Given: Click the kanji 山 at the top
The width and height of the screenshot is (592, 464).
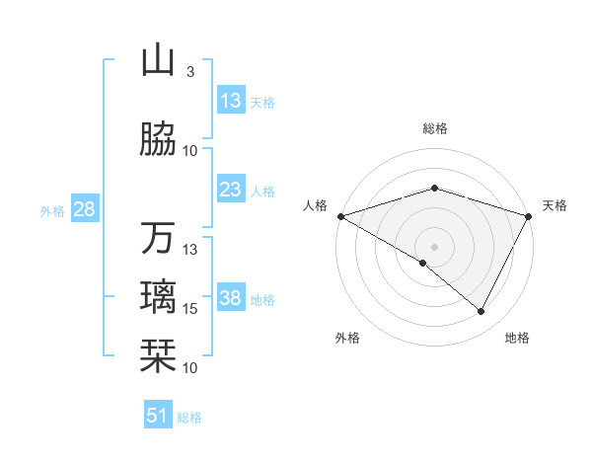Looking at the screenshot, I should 158,61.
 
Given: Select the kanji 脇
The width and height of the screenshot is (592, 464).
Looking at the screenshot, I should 158,139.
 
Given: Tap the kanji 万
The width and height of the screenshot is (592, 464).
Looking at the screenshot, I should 158,238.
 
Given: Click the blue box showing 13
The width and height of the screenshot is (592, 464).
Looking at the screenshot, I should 231,101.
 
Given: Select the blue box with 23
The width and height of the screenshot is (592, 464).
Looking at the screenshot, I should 231,190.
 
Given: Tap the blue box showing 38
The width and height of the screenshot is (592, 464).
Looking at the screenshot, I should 231,298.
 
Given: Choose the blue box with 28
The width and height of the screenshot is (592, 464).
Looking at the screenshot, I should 84,209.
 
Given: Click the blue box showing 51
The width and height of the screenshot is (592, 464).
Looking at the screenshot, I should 158,416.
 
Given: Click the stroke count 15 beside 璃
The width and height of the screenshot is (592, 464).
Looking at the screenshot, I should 190,309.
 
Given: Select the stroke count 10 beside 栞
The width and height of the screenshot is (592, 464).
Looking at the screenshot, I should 190,368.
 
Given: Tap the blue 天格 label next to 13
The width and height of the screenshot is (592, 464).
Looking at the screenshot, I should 262,102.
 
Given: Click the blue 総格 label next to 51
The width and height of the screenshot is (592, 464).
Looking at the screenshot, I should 189,418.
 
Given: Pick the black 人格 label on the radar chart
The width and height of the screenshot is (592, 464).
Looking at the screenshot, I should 315,205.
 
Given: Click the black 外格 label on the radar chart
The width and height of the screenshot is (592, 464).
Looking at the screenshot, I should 347,338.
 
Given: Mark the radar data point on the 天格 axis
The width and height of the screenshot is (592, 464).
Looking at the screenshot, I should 529,216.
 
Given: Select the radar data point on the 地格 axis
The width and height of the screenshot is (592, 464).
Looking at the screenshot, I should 481,312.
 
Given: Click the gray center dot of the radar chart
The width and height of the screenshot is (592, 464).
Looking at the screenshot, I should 434,246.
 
